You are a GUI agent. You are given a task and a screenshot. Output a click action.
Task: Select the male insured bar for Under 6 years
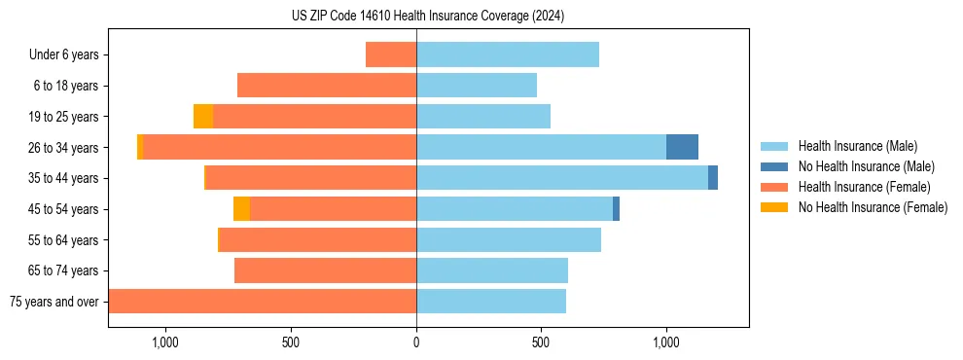click(507, 54)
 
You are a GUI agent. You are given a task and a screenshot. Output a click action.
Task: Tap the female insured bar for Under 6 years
click(391, 54)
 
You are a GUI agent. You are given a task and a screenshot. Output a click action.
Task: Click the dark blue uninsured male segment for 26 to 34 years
click(682, 147)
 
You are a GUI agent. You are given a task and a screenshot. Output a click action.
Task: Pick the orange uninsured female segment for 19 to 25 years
click(203, 117)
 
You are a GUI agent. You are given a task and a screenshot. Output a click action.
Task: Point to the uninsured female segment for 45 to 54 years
click(241, 209)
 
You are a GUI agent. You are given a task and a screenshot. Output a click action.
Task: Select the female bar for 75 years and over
click(263, 302)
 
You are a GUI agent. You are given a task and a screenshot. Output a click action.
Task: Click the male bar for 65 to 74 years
click(491, 270)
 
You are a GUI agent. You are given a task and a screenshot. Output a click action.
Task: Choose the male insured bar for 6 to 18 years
click(477, 86)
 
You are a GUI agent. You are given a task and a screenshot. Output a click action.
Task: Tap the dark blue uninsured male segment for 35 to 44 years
click(713, 178)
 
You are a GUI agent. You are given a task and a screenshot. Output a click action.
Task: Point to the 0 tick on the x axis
click(416, 342)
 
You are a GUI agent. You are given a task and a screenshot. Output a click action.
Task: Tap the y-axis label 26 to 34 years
click(64, 148)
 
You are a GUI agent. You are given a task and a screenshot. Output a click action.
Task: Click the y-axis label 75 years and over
click(53, 302)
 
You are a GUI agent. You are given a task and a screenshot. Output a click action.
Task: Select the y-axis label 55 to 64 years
click(64, 240)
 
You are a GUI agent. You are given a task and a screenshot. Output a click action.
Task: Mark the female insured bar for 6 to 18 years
click(327, 86)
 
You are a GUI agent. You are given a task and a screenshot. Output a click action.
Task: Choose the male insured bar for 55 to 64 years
click(508, 239)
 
